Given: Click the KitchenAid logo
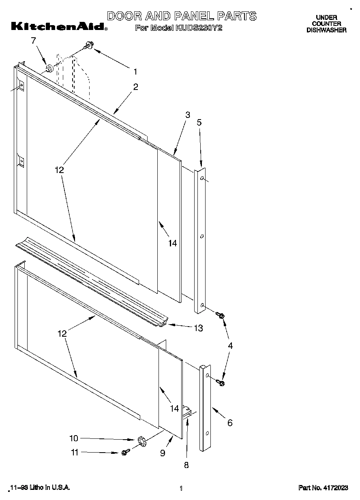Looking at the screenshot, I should click(x=59, y=26).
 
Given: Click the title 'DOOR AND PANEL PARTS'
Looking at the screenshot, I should click(x=181, y=16).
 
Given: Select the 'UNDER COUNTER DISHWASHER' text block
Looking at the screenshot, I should click(x=326, y=24).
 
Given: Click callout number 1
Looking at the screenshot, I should click(x=135, y=72).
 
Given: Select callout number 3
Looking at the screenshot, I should click(x=187, y=115).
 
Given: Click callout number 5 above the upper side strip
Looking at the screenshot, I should click(x=199, y=122).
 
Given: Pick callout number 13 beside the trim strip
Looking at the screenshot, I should click(x=198, y=328).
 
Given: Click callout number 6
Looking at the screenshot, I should click(x=230, y=423).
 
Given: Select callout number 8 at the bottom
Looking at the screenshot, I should click(x=186, y=465).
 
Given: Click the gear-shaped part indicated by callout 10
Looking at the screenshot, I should click(x=141, y=440).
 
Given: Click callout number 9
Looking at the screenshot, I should click(x=163, y=453).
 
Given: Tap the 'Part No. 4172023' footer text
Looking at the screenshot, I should click(x=323, y=488).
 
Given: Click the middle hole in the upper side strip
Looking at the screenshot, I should click(x=202, y=236).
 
